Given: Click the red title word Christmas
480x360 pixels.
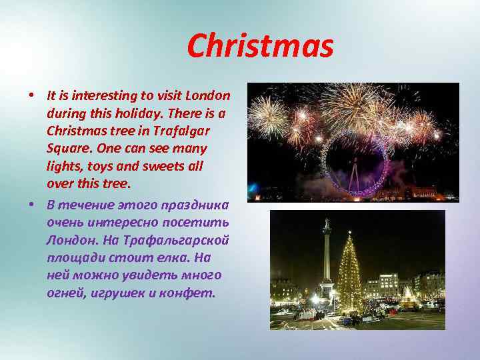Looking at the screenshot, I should [260, 46].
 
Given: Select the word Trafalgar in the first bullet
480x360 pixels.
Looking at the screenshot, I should [197, 130].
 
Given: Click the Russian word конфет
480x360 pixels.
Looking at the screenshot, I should [192, 293].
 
